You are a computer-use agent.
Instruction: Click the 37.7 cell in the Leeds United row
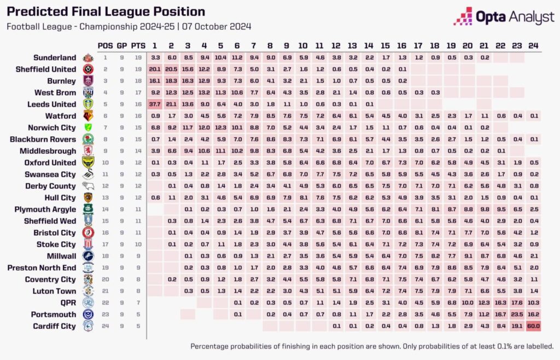155,104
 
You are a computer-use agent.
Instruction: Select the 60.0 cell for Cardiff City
533,326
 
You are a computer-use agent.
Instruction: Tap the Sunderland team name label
55,57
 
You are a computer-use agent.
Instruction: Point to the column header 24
533,45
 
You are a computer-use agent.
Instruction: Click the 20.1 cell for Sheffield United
155,69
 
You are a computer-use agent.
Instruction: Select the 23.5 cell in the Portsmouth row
517,314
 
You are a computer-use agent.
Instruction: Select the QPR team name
68,302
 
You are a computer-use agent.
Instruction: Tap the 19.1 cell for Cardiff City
517,326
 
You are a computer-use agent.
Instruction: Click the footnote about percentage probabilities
372,346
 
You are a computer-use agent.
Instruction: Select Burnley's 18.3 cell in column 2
171,80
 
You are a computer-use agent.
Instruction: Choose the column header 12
336,45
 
